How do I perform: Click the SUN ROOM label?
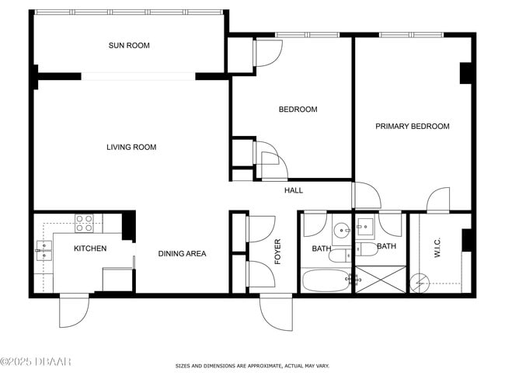[129, 46]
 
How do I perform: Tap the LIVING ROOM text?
[131, 148]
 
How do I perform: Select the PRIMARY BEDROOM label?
[413, 127]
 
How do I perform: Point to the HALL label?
[294, 190]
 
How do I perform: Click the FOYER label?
[277, 252]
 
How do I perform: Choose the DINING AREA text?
[182, 253]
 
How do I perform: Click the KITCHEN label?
[90, 249]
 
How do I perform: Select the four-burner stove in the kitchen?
[84, 224]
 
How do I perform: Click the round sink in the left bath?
[341, 230]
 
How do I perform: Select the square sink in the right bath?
[365, 228]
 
